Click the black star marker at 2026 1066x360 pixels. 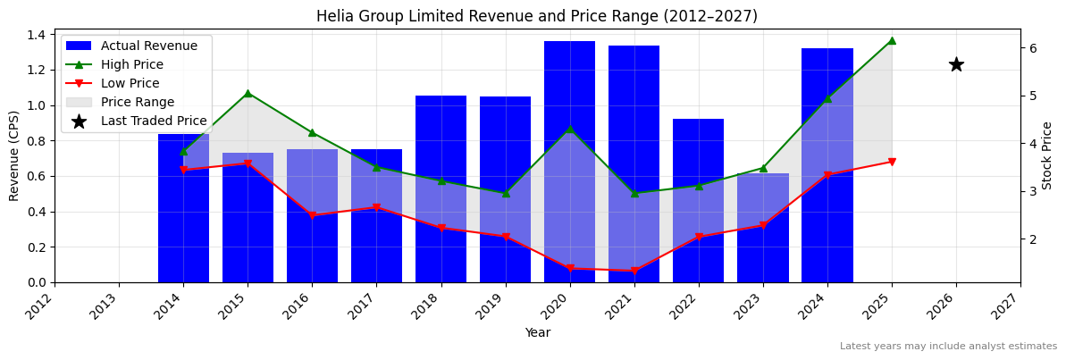(956, 64)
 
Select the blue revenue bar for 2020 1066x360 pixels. (569, 161)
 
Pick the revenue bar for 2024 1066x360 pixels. (827, 165)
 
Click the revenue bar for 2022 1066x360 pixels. (698, 200)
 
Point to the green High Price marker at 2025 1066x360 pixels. (892, 40)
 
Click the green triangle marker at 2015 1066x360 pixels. (248, 93)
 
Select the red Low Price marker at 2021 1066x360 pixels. (634, 271)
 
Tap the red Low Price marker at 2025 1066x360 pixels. (892, 162)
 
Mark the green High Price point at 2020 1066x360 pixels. (570, 129)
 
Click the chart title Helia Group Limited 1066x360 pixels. (536, 16)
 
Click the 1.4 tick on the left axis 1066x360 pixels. (38, 35)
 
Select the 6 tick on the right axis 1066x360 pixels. (1033, 47)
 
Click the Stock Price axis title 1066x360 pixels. (1047, 155)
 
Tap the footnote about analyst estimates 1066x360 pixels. (948, 347)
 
